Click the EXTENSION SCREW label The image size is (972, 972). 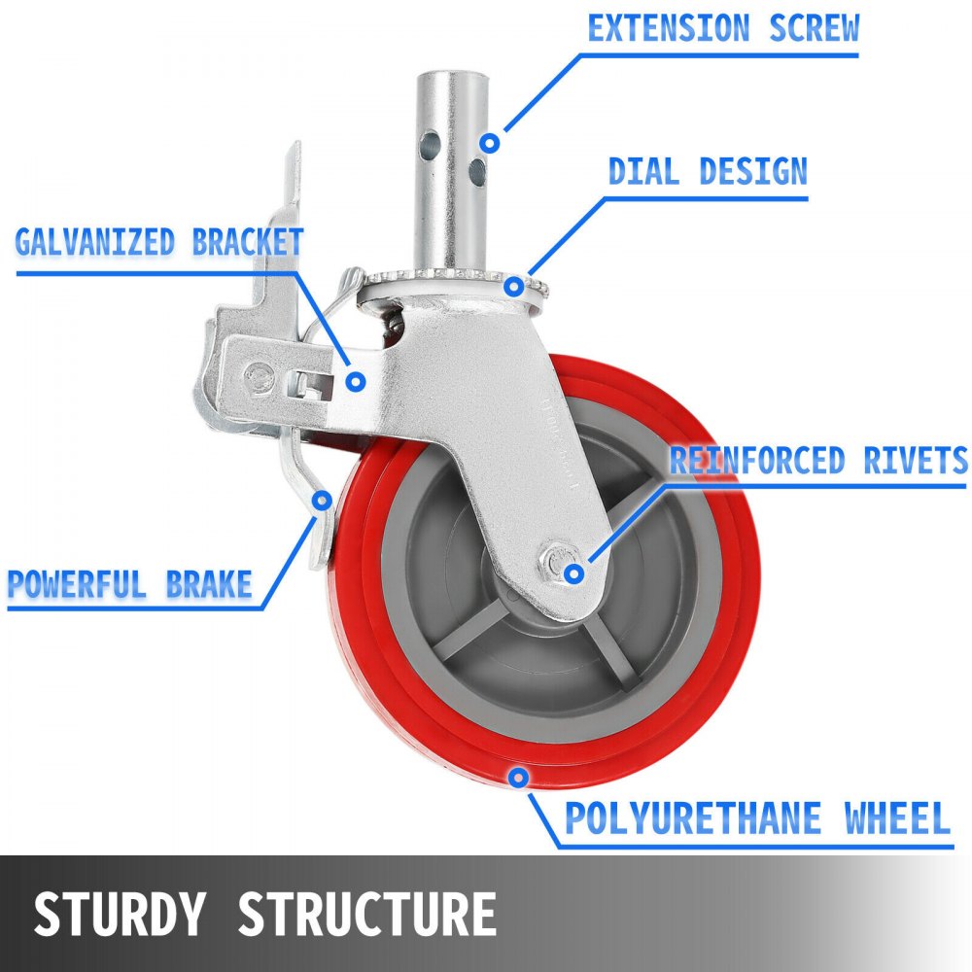point(723,28)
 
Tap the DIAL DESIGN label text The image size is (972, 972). point(708,172)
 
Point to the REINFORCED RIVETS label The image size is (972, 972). point(818,460)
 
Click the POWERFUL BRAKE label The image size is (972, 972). point(130,584)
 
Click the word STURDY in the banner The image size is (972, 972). point(121,914)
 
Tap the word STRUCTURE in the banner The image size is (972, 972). point(367,914)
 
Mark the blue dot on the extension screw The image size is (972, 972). point(491,143)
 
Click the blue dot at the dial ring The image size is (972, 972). point(512,285)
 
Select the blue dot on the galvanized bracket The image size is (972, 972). point(357,381)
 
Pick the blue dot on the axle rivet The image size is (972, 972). point(574,573)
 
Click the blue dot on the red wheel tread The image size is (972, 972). point(520,777)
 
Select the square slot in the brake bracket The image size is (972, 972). point(310,386)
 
